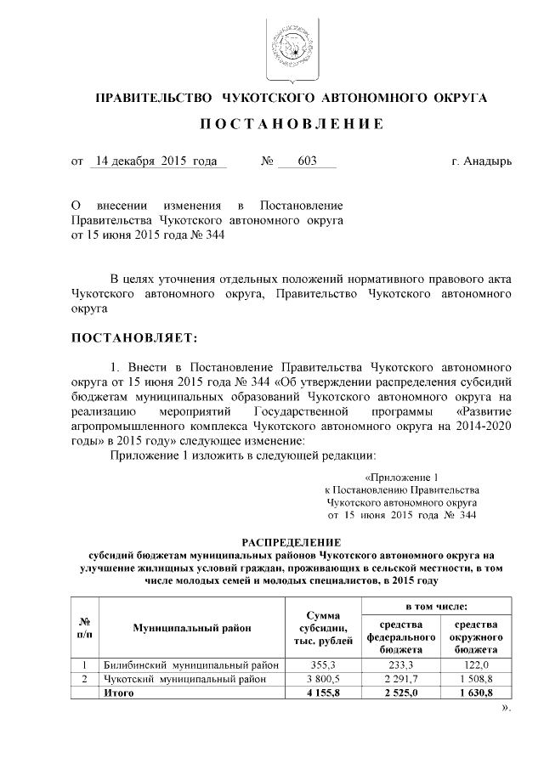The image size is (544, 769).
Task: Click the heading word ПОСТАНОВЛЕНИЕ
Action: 292,125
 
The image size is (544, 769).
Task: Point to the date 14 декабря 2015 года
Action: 157,161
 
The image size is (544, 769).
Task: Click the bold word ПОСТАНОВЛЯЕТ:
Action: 134,338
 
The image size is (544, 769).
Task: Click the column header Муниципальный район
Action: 192,628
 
